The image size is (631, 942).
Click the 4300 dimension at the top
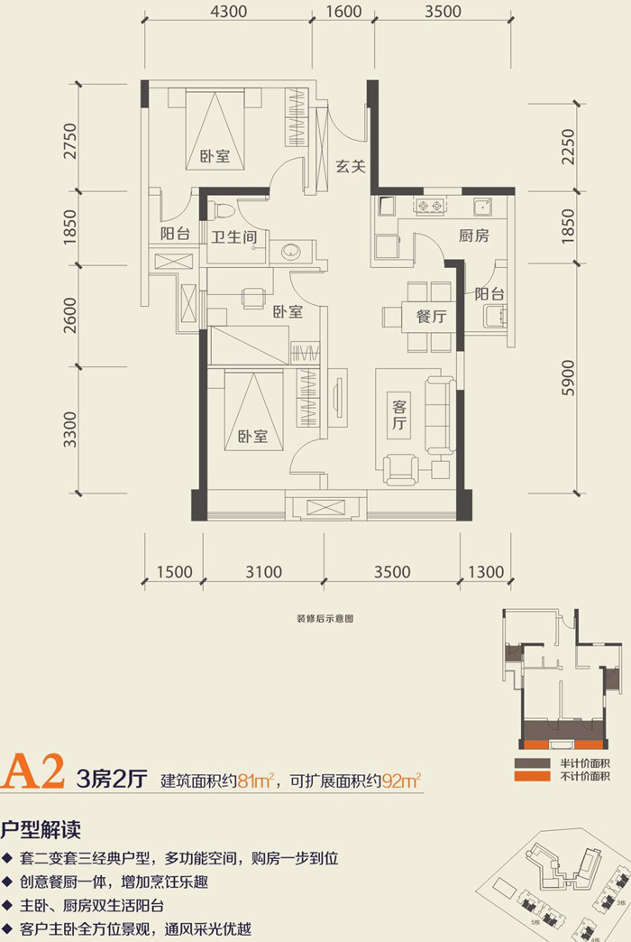[228, 13]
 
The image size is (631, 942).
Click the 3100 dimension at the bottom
[263, 572]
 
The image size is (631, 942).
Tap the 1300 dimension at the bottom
[486, 572]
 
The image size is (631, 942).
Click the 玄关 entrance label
[350, 166]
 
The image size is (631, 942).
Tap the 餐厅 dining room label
[432, 317]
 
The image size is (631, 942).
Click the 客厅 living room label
[399, 416]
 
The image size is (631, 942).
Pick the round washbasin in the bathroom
[292, 251]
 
